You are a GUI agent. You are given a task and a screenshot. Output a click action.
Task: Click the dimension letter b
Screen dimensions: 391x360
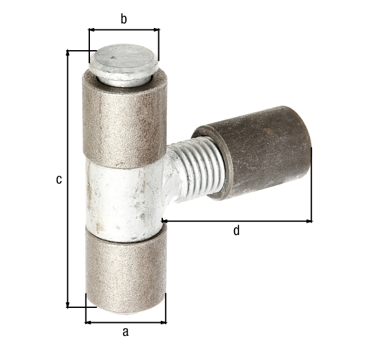pos(124,19)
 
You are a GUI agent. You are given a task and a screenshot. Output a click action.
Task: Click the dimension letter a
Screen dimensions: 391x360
pos(125,332)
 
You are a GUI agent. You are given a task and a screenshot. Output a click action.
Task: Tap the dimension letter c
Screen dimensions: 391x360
pos(59,180)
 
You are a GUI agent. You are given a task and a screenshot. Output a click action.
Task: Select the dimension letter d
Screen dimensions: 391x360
pos(237,230)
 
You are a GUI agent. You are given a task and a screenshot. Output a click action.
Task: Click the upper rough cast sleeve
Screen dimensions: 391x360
pos(124,120)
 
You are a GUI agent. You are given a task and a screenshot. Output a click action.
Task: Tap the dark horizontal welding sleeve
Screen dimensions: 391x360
pos(252,152)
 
